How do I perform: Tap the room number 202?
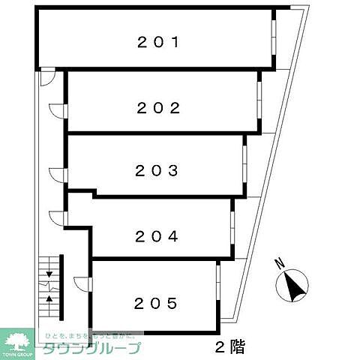click(158, 107)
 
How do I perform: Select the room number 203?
click(157, 170)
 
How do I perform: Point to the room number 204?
click(157, 236)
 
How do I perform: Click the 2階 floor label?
click(226, 347)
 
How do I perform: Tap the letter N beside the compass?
click(278, 263)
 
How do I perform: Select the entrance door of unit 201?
click(46, 75)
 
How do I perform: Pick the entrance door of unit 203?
click(58, 175)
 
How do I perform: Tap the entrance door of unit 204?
click(58, 217)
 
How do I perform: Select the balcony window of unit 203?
click(244, 163)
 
